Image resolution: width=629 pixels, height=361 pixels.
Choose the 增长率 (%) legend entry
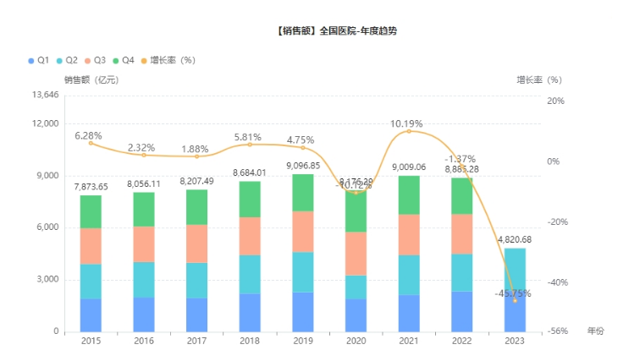click(168, 60)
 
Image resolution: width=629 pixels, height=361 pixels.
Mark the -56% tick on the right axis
click(555, 331)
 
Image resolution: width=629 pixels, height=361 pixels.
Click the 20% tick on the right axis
click(555, 101)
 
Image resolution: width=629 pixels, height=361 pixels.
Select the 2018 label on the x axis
click(249, 342)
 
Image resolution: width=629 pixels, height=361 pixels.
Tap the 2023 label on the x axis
click(515, 342)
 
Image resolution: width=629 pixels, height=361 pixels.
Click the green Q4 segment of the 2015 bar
click(91, 211)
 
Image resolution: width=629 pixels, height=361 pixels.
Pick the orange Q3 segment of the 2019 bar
click(302, 231)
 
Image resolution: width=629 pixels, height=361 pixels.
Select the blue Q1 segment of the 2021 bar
click(408, 313)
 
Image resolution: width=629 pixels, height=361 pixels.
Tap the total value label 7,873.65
click(91, 187)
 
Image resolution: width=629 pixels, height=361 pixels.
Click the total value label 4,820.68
click(515, 239)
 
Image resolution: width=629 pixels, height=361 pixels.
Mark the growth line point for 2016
click(144, 155)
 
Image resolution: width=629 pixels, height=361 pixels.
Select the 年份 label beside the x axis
click(596, 332)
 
